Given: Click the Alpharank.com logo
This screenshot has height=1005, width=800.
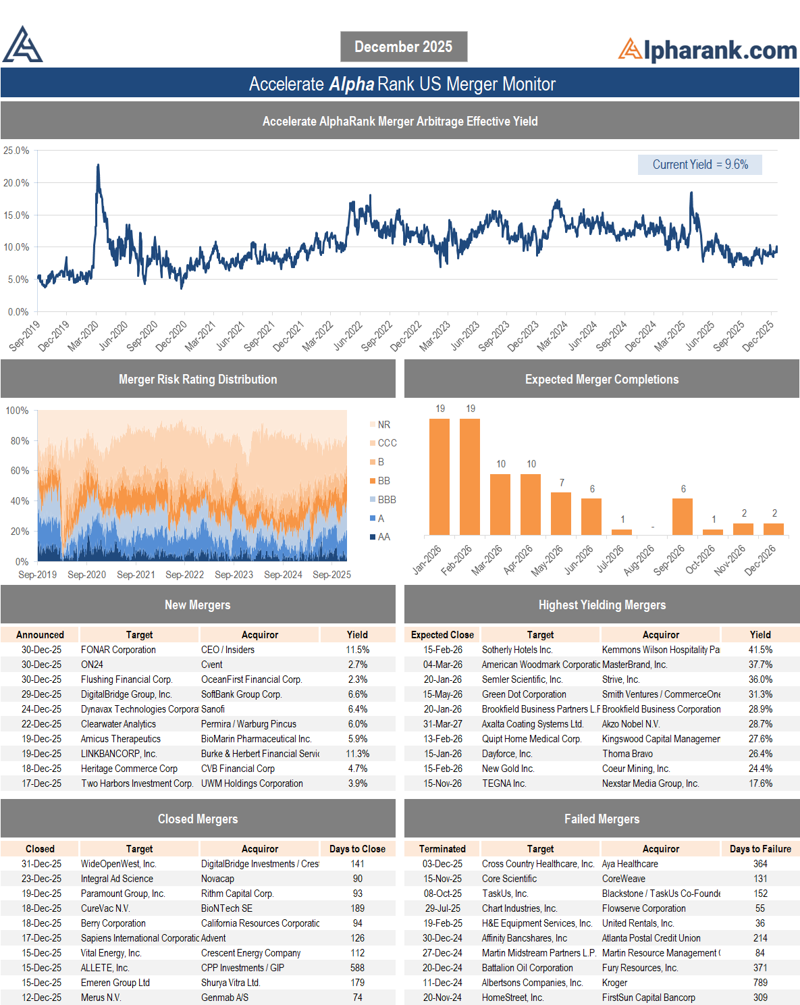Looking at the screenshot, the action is click(x=707, y=50).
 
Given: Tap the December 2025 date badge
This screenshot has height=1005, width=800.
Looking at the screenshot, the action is click(x=404, y=47).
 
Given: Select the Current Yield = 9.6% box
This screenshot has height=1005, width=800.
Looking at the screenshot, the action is click(x=699, y=164).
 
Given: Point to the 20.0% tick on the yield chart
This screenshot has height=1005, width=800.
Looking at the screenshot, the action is click(x=16, y=183).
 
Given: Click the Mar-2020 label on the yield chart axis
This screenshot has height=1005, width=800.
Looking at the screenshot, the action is click(x=84, y=336).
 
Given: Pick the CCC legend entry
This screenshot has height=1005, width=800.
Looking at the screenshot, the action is click(x=383, y=442).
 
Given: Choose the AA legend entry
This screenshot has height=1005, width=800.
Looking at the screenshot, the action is click(x=380, y=536).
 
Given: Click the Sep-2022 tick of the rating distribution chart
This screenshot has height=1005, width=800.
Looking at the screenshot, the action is click(x=184, y=574).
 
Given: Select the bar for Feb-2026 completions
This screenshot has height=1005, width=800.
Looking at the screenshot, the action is click(x=470, y=476).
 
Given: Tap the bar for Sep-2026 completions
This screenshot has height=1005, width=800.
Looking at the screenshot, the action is click(x=683, y=517).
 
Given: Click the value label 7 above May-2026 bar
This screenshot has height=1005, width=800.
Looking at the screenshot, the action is click(x=562, y=482).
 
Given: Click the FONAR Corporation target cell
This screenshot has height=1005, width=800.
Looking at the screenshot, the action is click(x=118, y=650).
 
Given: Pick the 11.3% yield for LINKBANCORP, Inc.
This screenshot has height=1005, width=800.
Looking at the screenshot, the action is click(x=358, y=754).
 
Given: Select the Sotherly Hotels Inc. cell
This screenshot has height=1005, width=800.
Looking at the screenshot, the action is click(x=517, y=650).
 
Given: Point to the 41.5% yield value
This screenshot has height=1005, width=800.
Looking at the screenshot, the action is click(x=760, y=650).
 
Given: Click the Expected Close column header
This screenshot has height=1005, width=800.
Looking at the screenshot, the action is click(x=442, y=635).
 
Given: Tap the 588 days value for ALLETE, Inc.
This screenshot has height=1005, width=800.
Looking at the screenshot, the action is click(x=358, y=968).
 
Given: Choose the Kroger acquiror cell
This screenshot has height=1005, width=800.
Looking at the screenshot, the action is click(x=614, y=983).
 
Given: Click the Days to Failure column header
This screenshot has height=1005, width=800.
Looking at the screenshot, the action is click(x=760, y=848).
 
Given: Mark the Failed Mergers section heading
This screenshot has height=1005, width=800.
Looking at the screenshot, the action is click(x=602, y=819).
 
